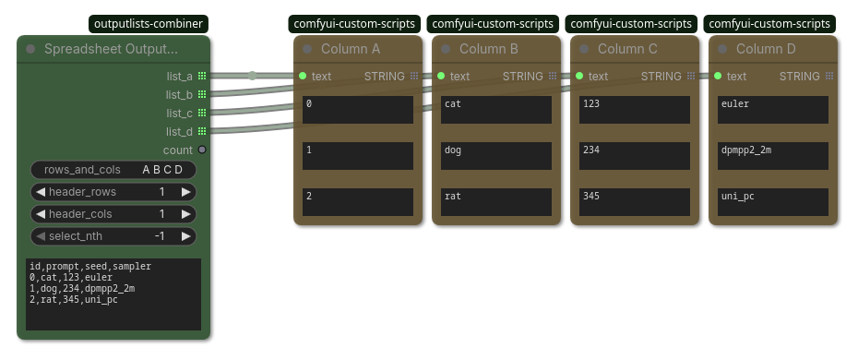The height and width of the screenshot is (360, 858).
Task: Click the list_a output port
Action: [x=202, y=76]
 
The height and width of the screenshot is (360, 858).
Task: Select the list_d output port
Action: [x=202, y=131]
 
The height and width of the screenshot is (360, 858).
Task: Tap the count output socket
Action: [x=202, y=150]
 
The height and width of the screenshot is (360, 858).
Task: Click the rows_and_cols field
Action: [x=113, y=170]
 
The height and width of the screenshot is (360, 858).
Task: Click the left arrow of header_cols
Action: [x=41, y=214]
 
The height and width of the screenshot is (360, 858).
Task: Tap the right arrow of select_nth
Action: [x=186, y=235]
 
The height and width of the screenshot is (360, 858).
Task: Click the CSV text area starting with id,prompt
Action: [x=113, y=294]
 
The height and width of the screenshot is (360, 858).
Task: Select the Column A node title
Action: [x=351, y=49]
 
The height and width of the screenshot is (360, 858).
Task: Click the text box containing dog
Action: [x=496, y=156]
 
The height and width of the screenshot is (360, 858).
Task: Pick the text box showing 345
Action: [x=635, y=202]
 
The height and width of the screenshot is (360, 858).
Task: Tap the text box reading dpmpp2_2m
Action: [x=773, y=156]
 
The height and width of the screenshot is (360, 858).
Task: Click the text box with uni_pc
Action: [x=773, y=202]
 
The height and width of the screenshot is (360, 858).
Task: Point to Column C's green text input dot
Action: [x=579, y=76]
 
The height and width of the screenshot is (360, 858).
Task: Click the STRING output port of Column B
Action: [x=553, y=76]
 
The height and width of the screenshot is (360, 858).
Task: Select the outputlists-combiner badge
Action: [x=149, y=24]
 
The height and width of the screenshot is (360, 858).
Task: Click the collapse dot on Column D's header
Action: [x=722, y=49]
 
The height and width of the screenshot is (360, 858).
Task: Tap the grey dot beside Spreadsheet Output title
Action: [x=30, y=49]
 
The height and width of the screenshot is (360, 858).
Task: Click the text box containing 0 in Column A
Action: [x=358, y=110]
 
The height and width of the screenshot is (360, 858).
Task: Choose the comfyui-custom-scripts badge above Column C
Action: [x=631, y=24]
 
